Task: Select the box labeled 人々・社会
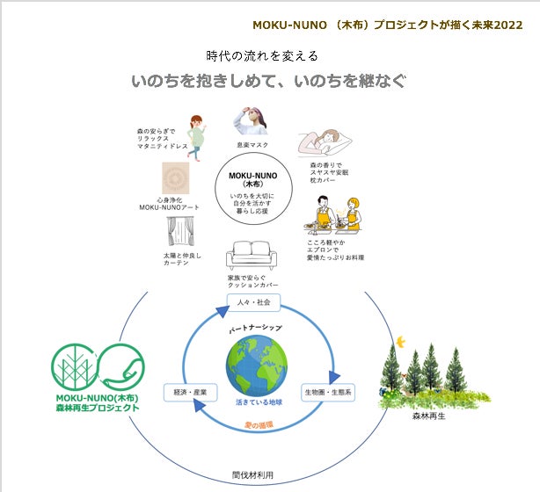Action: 253,302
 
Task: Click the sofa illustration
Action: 253,257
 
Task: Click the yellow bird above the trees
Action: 401,339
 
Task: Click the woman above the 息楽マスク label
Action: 252,120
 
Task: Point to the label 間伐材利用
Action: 252,474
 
